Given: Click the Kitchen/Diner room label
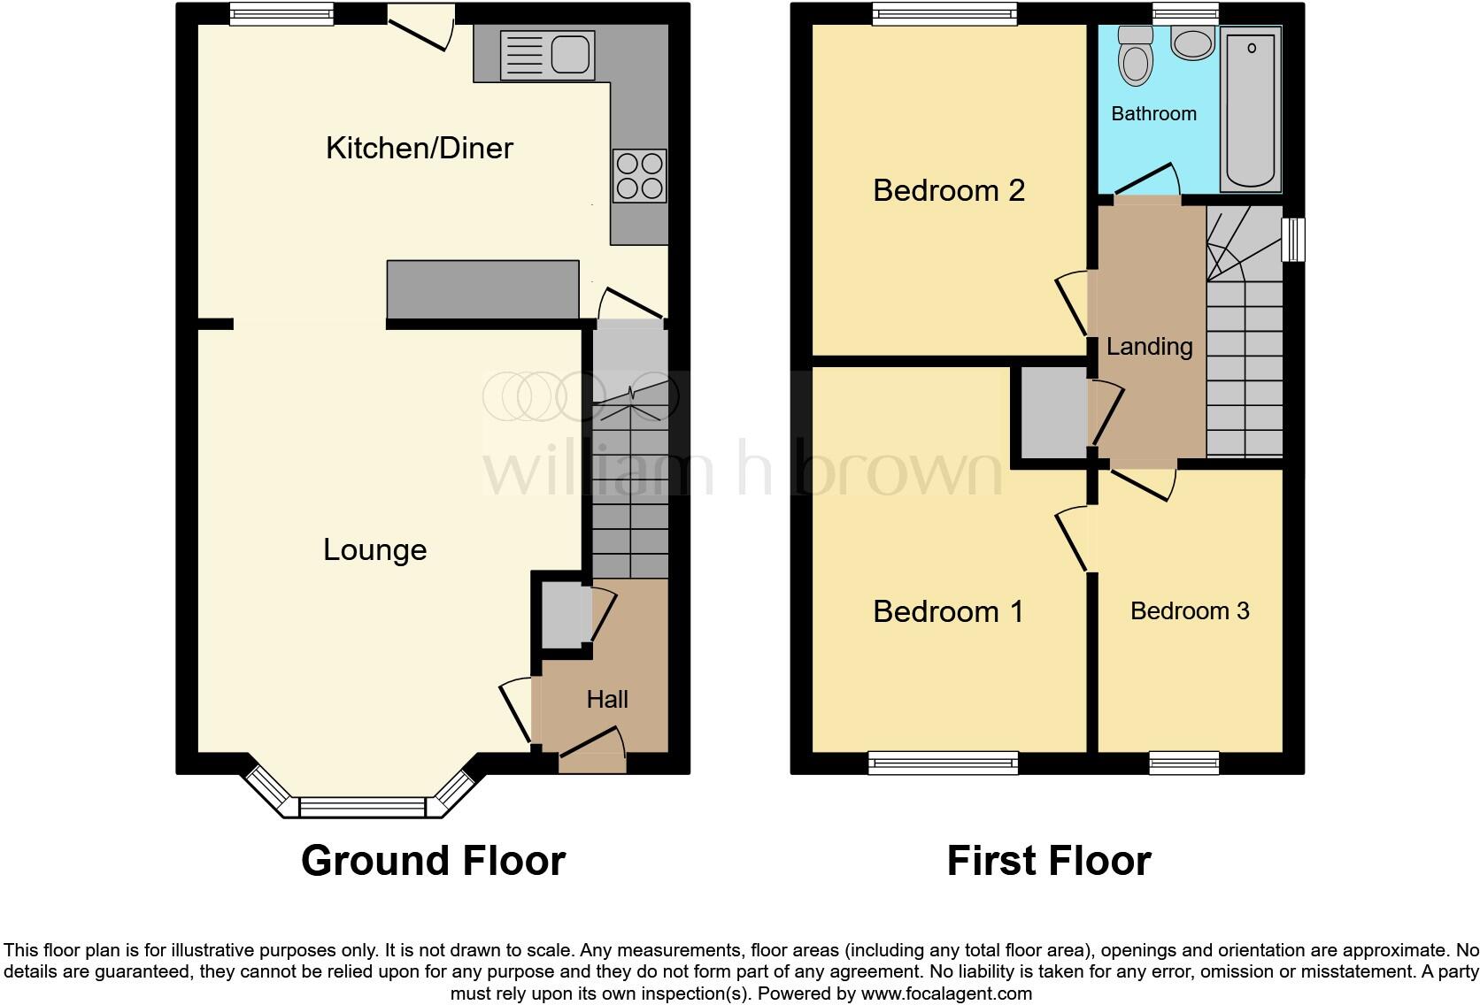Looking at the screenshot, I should click(x=419, y=148).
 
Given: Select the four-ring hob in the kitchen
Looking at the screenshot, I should click(x=639, y=176).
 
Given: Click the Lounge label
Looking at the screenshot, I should click(x=374, y=549).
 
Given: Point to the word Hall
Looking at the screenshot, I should click(x=607, y=700).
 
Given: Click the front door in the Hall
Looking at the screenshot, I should click(x=591, y=744).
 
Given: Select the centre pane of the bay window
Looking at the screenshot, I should click(x=362, y=807).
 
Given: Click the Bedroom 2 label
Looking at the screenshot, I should click(x=948, y=190).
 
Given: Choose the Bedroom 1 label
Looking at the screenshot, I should click(x=947, y=611).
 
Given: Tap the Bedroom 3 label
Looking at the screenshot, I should click(x=1189, y=611).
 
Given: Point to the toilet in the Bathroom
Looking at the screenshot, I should click(x=1135, y=57).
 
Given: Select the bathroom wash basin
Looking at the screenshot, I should click(x=1191, y=42).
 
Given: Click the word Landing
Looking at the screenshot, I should click(x=1149, y=347).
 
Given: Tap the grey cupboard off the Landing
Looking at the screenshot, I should click(x=1053, y=413).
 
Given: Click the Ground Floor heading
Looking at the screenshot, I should click(x=433, y=861).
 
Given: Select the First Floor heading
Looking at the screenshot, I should click(x=1048, y=861).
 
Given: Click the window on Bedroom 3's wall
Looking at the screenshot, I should click(x=1183, y=762).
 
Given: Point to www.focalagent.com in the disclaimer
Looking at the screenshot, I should click(x=945, y=993).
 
